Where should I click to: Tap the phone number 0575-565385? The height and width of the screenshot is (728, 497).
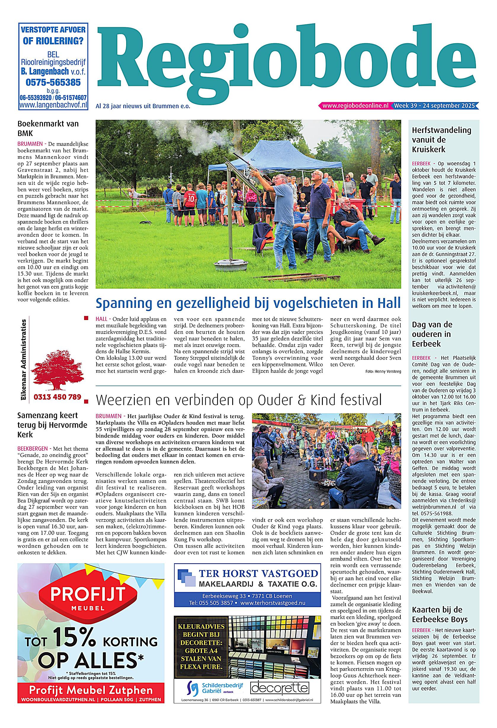53,82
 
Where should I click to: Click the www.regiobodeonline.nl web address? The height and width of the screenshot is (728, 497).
355,105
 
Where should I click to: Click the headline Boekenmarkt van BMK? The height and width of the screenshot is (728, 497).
48,128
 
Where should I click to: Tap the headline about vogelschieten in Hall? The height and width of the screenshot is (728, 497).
248,303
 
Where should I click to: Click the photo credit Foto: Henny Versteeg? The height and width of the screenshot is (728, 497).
383,372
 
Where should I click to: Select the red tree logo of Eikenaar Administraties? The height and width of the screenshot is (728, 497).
57,370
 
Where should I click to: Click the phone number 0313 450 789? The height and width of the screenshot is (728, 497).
57,397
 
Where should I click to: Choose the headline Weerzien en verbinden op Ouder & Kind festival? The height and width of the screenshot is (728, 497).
239,400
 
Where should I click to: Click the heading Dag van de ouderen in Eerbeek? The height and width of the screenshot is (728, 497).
432,334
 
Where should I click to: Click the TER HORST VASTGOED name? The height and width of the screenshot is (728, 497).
258,573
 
